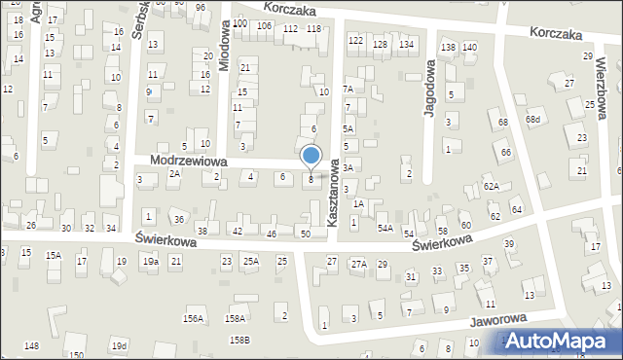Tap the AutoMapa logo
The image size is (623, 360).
coord(559,341)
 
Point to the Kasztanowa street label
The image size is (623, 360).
coord(333,194)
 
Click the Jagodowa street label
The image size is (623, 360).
coord(428,89)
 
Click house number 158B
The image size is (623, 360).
coord(238,339)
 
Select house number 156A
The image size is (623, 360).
coord(194,318)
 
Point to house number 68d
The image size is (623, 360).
coord(532,120)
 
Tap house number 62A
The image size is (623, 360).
coord(492,186)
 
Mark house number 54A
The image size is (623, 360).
coord(385,228)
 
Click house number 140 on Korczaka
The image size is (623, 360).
coord(469,48)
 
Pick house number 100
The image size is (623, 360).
coord(239,24)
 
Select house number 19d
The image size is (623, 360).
coord(119,345)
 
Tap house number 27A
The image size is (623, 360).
coord(358,264)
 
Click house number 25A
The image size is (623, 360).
coord(251,261)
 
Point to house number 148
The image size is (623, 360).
coord(32,346)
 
